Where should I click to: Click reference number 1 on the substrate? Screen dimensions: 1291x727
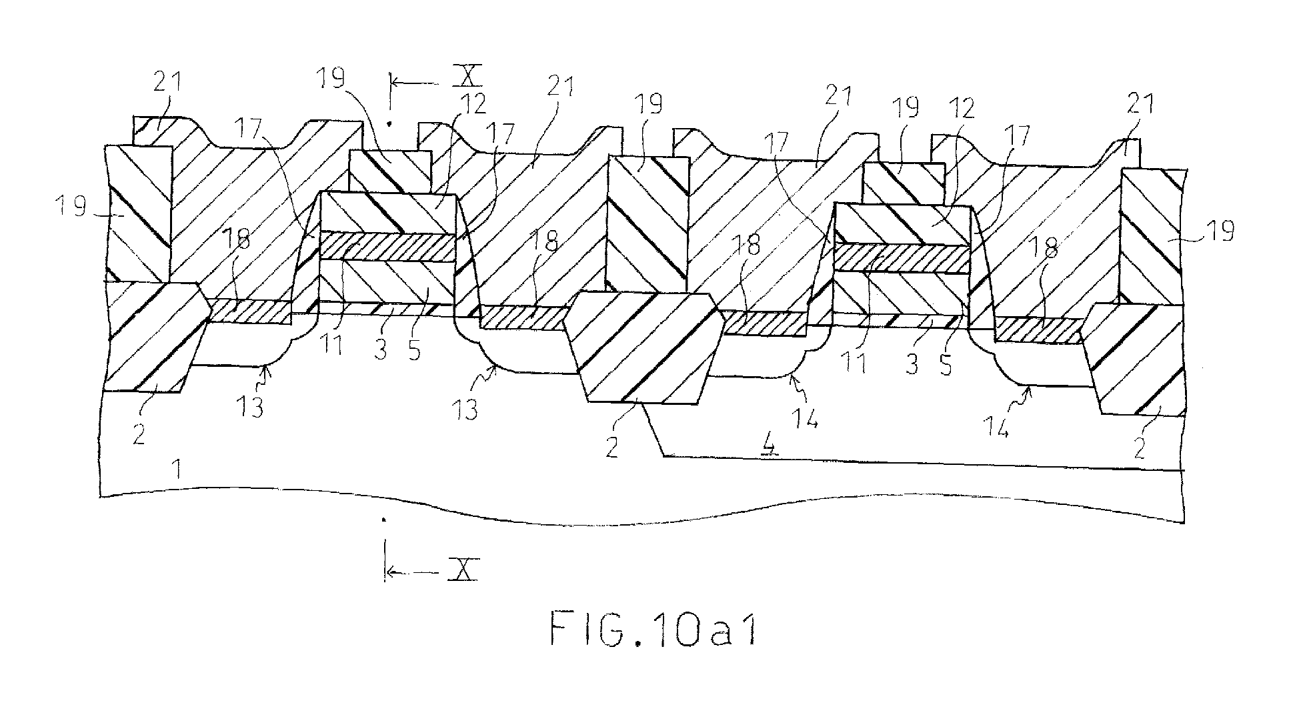(x=177, y=472)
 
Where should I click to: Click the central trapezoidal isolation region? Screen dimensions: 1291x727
(x=644, y=347)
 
